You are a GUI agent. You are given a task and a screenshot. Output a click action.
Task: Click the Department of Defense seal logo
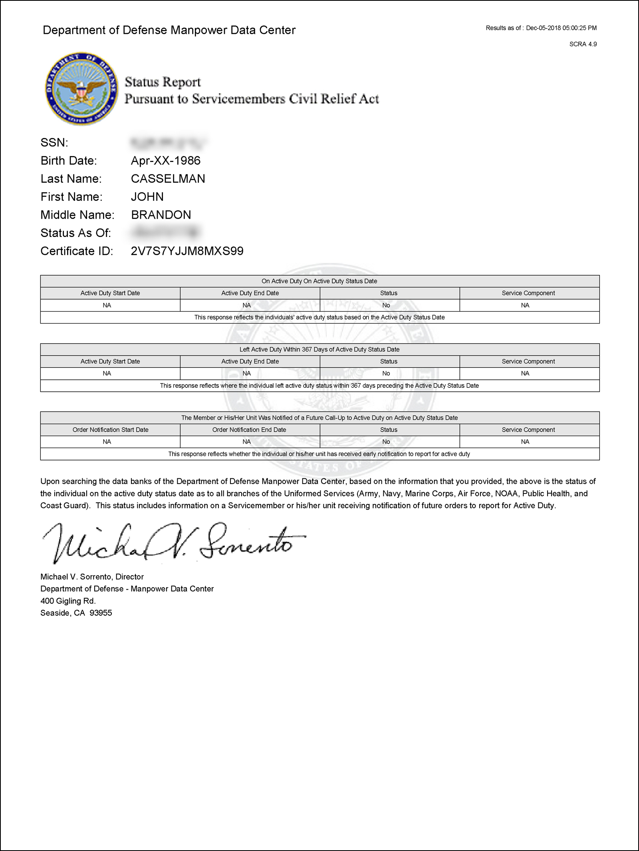81,88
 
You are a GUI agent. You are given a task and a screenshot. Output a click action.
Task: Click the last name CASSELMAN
168,179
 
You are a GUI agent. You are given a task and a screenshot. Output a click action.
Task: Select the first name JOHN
147,197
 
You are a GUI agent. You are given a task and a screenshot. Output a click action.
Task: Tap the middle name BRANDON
161,215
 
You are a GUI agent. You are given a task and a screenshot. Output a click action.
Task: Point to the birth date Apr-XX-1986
165,161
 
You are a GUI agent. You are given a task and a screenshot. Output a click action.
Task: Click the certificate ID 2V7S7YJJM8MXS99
187,251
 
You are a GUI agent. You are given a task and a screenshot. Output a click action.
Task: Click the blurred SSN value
168,142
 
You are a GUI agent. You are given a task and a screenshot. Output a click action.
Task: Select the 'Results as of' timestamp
541,28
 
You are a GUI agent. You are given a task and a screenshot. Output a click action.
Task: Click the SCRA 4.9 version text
583,44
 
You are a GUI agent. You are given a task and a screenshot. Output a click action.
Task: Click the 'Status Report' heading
163,82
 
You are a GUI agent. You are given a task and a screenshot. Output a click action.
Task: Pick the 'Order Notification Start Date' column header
110,430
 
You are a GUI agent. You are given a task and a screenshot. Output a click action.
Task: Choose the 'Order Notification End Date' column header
249,430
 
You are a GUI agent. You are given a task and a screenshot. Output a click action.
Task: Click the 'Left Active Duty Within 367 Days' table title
319,349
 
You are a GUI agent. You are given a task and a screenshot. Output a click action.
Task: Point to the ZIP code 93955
101,613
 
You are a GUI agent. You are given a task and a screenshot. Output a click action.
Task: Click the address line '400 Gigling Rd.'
68,601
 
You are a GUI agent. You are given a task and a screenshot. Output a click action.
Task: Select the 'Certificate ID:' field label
77,251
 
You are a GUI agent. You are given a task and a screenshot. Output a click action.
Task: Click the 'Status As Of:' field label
75,233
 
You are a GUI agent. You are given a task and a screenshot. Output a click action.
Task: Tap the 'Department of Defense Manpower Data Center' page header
169,30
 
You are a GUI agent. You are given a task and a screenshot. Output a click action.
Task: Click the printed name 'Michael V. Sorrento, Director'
92,577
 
